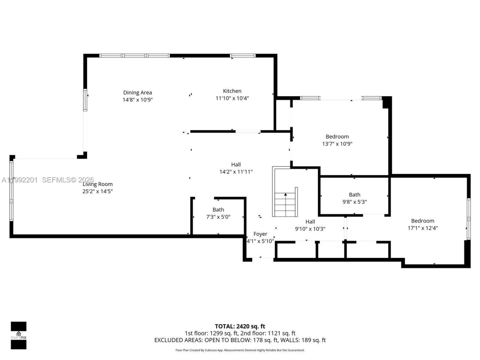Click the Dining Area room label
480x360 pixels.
[x=138, y=93]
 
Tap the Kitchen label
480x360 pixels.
[x=232, y=91]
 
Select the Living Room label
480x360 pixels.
[x=97, y=184]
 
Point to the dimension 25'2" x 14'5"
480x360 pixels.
[x=97, y=191]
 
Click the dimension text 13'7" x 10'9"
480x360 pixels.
[x=337, y=144]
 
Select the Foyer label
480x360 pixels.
[x=260, y=234]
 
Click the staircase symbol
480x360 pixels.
[x=286, y=204]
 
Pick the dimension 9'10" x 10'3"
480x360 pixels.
[x=310, y=229]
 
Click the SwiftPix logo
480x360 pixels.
[x=18, y=335]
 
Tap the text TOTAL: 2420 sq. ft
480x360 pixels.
[x=240, y=326]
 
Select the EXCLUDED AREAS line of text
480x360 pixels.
[x=240, y=340]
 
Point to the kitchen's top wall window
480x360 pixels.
[x=243, y=56]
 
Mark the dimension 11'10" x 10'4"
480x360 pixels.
[x=232, y=98]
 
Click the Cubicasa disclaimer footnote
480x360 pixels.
[x=240, y=350]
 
